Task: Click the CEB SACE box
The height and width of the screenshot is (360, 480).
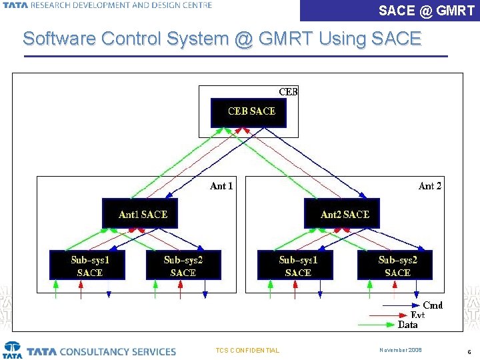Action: pyautogui.click(x=248, y=112)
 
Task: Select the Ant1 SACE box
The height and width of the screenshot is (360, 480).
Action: pyautogui.click(x=140, y=213)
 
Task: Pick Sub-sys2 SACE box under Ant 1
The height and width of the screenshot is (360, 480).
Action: pyautogui.click(x=183, y=265)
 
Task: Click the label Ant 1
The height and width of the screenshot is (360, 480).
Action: pyautogui.click(x=221, y=186)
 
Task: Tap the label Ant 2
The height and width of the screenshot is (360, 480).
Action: pyautogui.click(x=429, y=186)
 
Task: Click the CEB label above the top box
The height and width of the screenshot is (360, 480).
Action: pyautogui.click(x=288, y=92)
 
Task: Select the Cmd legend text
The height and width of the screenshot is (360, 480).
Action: pyautogui.click(x=433, y=305)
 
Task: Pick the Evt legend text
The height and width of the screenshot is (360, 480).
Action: pyautogui.click(x=417, y=315)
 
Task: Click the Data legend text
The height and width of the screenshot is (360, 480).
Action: pyautogui.click(x=408, y=325)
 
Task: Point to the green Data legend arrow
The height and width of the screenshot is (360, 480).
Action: pyautogui.click(x=377, y=325)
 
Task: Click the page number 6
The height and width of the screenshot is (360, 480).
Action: pyautogui.click(x=469, y=351)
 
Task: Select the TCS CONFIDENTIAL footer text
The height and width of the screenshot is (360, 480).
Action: pyautogui.click(x=248, y=351)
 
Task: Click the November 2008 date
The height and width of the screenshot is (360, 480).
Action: pyautogui.click(x=401, y=350)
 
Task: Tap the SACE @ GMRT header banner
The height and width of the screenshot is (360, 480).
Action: pyautogui.click(x=427, y=11)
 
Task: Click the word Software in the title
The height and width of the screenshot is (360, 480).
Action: pyautogui.click(x=59, y=39)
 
